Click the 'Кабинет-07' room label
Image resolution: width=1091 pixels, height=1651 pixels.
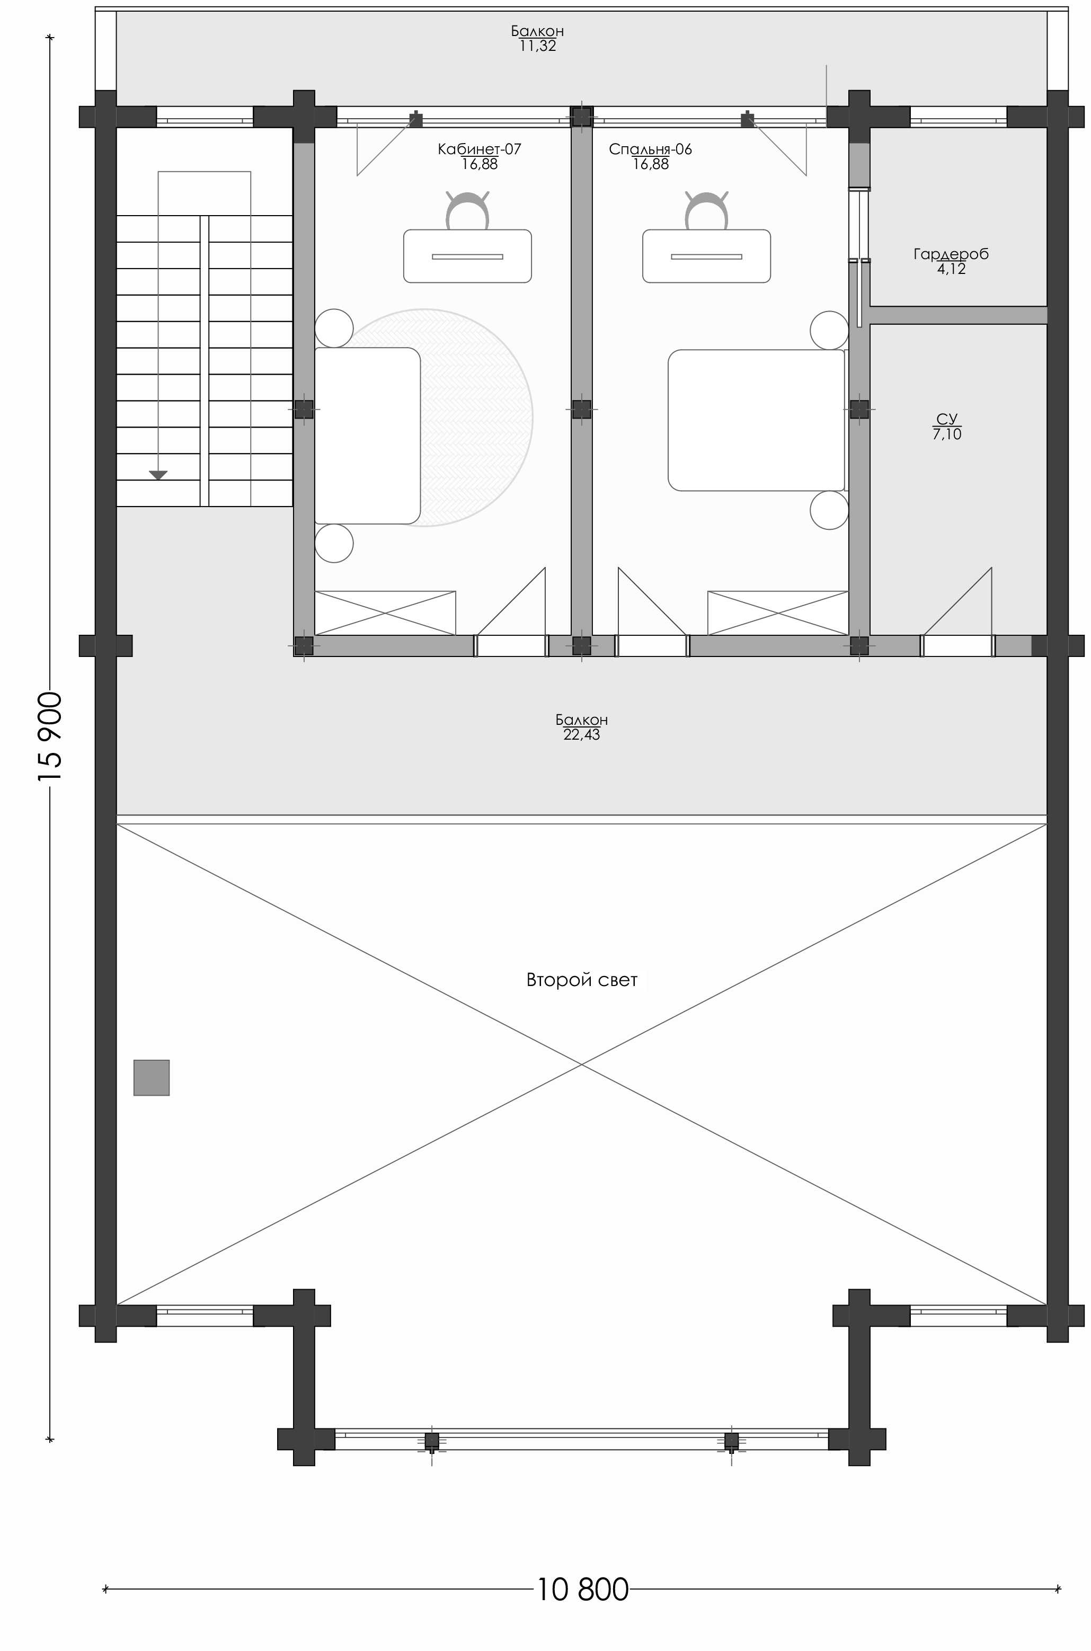pos(480,149)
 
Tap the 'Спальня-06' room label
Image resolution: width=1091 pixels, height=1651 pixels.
pos(651,149)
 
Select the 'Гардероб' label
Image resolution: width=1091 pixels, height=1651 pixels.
pos(951,254)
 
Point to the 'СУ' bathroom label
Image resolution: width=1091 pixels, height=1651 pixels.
pos(947,419)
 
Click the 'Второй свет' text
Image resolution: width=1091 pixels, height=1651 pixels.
pos(582,980)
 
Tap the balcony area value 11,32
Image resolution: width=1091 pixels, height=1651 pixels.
pos(538,47)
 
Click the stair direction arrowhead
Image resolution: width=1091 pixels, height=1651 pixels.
pos(158,475)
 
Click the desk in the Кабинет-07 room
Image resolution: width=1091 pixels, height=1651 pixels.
pos(467,256)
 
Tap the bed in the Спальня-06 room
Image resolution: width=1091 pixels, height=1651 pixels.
pos(756,420)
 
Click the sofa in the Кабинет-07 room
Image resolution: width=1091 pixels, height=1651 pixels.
pos(367,436)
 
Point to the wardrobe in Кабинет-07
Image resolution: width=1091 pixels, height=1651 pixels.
pos(385,613)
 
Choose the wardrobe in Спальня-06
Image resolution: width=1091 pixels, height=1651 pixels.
pos(778,613)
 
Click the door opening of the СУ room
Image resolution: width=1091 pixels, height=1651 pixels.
pos(957,646)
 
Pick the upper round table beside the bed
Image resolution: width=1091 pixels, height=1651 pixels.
pos(829,330)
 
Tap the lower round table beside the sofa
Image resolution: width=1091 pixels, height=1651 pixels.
pos(334,544)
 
